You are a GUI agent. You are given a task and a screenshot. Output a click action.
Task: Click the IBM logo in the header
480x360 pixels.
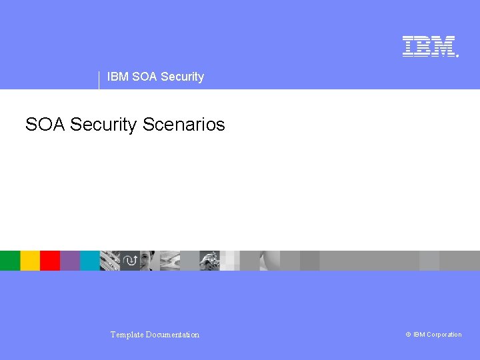[429, 46]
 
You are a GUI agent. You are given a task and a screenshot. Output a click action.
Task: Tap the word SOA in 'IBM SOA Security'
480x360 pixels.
[145, 77]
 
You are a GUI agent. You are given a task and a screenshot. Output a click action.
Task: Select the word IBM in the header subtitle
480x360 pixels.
[117, 77]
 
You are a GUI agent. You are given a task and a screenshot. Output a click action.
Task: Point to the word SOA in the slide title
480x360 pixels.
[45, 125]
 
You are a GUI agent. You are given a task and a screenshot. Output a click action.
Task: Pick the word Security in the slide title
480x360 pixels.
[103, 125]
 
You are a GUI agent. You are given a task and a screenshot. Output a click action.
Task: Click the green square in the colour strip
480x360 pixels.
[10, 261]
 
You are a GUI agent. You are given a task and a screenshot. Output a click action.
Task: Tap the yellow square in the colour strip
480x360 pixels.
[30, 261]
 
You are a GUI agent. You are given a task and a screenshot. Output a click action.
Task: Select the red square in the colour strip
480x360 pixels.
[50, 261]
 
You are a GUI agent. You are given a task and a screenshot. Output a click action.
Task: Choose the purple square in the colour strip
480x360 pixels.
[70, 261]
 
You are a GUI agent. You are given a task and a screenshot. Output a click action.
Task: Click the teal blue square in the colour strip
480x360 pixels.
[90, 261]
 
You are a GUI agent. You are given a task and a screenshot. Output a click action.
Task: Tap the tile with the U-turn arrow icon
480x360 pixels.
[130, 261]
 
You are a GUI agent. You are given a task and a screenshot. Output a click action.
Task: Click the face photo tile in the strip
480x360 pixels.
[150, 261]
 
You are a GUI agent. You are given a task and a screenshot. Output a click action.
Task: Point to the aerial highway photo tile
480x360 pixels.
[170, 261]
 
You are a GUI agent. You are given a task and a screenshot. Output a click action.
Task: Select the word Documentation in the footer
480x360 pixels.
[174, 335]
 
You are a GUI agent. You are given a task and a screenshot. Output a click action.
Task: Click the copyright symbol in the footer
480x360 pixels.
[408, 335]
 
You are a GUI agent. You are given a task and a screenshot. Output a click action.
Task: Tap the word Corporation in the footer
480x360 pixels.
[444, 335]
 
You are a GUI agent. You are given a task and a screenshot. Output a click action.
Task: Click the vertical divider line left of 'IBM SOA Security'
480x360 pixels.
[99, 80]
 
